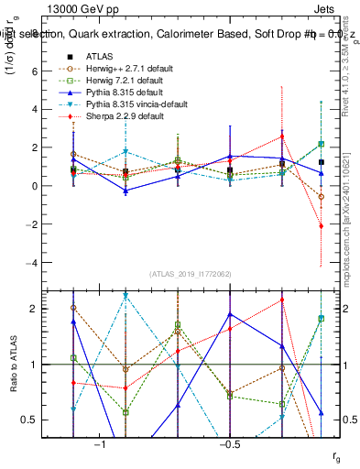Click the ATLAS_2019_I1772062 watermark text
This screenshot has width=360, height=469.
pos(191,274)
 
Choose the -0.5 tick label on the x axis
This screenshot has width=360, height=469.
pos(228,444)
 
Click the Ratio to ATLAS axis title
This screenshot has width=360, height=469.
pos(13,365)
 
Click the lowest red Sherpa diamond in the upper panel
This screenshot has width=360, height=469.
pos(322,225)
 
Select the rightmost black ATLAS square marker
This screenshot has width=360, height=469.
pos(322,162)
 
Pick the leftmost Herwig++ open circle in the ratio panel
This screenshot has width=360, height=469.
pos(73,308)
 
